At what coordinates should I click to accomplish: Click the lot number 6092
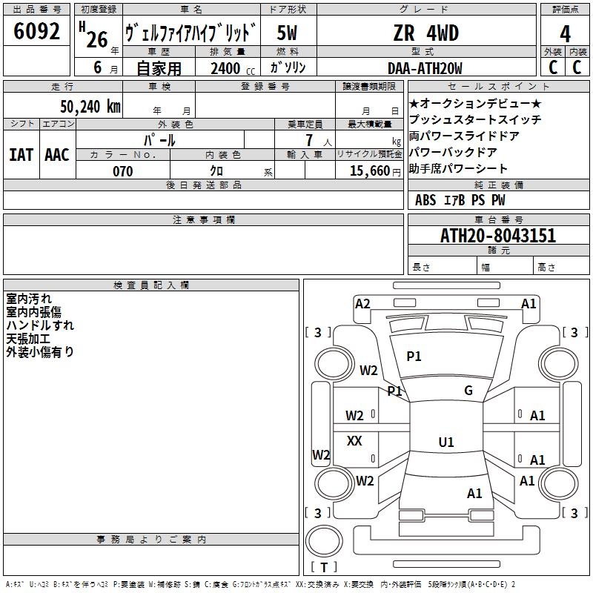click(36, 31)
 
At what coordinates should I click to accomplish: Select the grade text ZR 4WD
click(425, 33)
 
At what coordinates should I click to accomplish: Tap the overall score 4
click(565, 34)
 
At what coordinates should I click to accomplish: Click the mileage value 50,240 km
click(90, 107)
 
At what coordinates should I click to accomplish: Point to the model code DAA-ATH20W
click(425, 68)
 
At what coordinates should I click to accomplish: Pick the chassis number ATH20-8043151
click(498, 236)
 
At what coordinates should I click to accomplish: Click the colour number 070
click(123, 171)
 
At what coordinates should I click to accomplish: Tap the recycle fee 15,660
click(370, 170)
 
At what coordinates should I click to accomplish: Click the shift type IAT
click(21, 155)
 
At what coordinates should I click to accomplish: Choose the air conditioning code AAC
click(57, 155)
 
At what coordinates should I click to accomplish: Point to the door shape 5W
click(287, 33)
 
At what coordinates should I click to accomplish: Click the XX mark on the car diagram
click(354, 440)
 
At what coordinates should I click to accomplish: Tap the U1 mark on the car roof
click(446, 442)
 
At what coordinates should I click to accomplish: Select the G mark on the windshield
click(468, 391)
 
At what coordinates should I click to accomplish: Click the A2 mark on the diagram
click(362, 304)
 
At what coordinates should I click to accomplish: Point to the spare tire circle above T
click(324, 541)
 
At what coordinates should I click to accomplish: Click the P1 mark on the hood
click(414, 356)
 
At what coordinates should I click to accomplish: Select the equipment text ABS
click(425, 200)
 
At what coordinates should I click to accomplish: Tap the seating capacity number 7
click(309, 140)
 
